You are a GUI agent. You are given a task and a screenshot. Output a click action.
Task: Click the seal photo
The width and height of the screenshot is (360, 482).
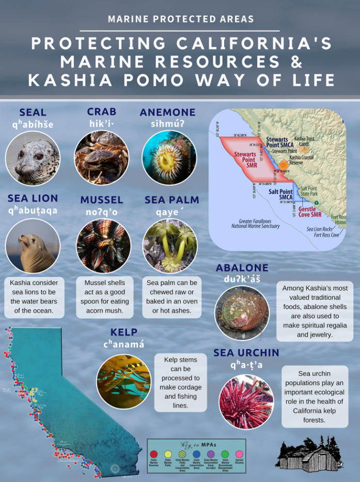tap(33, 158)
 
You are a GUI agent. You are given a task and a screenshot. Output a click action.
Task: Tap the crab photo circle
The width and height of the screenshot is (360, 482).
tap(102, 158)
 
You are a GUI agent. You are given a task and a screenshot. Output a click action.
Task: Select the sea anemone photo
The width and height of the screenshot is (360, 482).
tap(169, 158)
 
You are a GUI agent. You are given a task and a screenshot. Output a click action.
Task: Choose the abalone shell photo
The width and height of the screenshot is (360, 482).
tap(241, 314)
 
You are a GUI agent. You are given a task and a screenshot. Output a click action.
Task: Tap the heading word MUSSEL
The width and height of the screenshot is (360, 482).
tap(102, 199)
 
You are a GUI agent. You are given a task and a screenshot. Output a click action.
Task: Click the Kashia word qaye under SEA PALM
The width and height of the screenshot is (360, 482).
tap(168, 211)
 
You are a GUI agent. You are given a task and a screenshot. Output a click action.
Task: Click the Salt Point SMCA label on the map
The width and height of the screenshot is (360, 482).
tap(280, 194)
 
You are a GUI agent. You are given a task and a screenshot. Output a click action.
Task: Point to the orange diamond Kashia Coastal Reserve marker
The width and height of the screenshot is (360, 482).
tap(284, 164)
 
